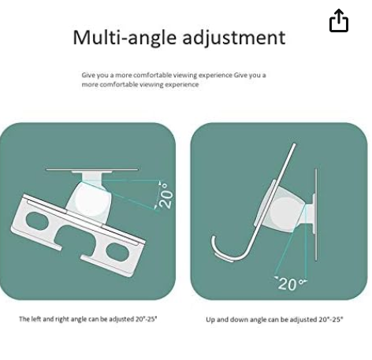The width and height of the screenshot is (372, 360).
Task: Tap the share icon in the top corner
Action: [x=339, y=20]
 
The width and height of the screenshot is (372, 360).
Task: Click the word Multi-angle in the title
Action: [x=125, y=38]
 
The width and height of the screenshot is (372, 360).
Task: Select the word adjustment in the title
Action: [x=234, y=38]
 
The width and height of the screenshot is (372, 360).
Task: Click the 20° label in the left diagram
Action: [x=166, y=195]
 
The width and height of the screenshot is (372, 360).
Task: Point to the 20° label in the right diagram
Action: [x=290, y=284]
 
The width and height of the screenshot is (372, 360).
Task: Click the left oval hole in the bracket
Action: [x=38, y=221]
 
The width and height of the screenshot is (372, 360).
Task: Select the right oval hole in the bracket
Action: [x=117, y=252]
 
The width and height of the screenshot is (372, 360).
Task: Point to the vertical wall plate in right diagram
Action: [x=316, y=214]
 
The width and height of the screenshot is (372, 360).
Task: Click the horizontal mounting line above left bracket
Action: [x=92, y=169]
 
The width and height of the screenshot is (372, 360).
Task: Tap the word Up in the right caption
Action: [x=210, y=320]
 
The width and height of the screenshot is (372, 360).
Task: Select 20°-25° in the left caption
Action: [x=147, y=319]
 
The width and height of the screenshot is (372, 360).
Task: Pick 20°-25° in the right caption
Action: [x=331, y=319]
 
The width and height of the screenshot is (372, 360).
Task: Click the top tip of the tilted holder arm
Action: [x=294, y=144]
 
